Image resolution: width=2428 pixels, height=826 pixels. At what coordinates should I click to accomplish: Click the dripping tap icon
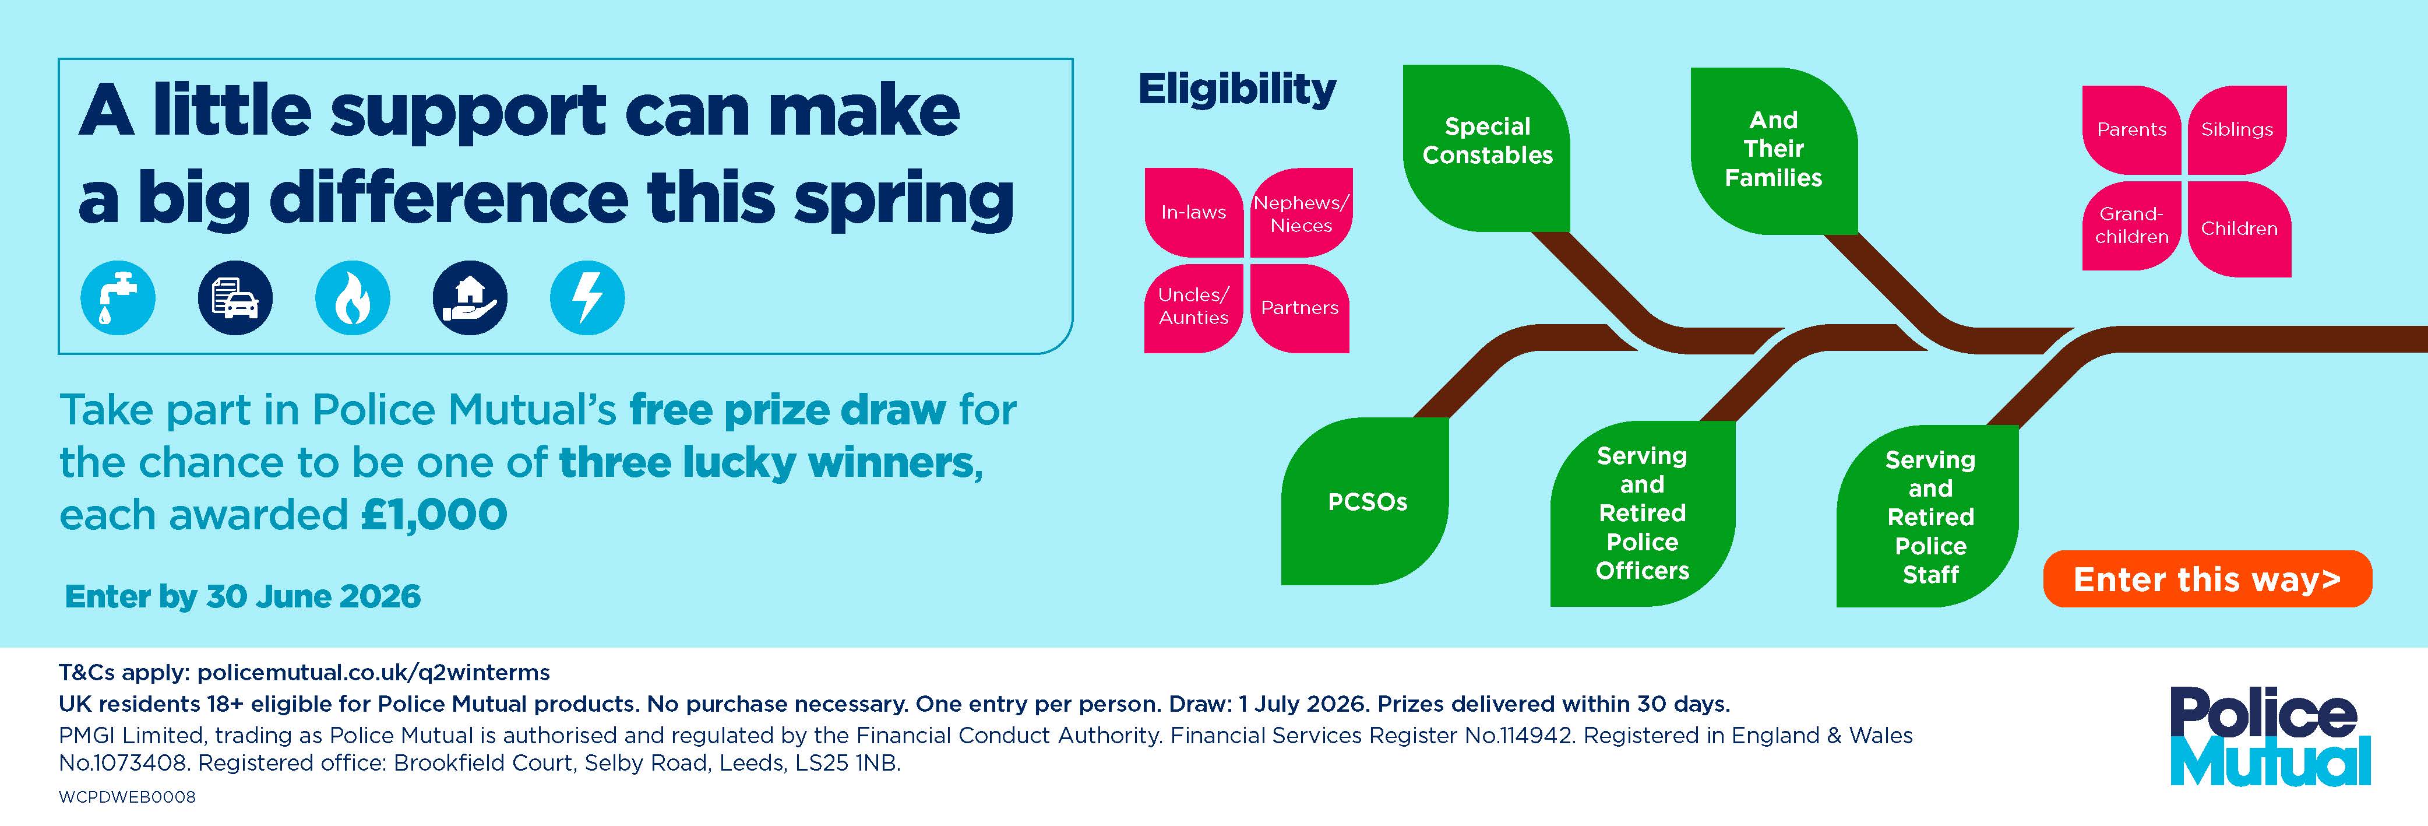118,298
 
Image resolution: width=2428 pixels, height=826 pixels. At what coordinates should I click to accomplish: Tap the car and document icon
235,298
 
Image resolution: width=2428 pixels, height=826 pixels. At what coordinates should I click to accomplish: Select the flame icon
353,298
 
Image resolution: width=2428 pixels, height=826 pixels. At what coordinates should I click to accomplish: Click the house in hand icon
470,298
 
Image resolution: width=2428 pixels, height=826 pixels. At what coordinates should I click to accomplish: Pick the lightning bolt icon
587,298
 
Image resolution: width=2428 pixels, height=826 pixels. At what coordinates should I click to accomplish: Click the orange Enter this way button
2207,579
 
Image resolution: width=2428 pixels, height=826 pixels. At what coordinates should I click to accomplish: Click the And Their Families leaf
1773,149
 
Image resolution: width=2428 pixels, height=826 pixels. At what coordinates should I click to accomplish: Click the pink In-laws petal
1193,212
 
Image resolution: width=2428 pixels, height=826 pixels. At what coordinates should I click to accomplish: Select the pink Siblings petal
2237,129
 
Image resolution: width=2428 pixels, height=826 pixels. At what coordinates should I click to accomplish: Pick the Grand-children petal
2131,226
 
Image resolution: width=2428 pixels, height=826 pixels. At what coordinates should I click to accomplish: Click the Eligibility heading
1236,90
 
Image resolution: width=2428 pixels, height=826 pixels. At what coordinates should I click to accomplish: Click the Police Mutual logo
2270,736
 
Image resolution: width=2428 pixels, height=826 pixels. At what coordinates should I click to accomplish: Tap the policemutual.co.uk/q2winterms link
373,672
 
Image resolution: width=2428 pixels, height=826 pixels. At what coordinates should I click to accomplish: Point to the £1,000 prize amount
434,515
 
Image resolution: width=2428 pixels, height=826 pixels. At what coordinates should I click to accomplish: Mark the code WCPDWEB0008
127,797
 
